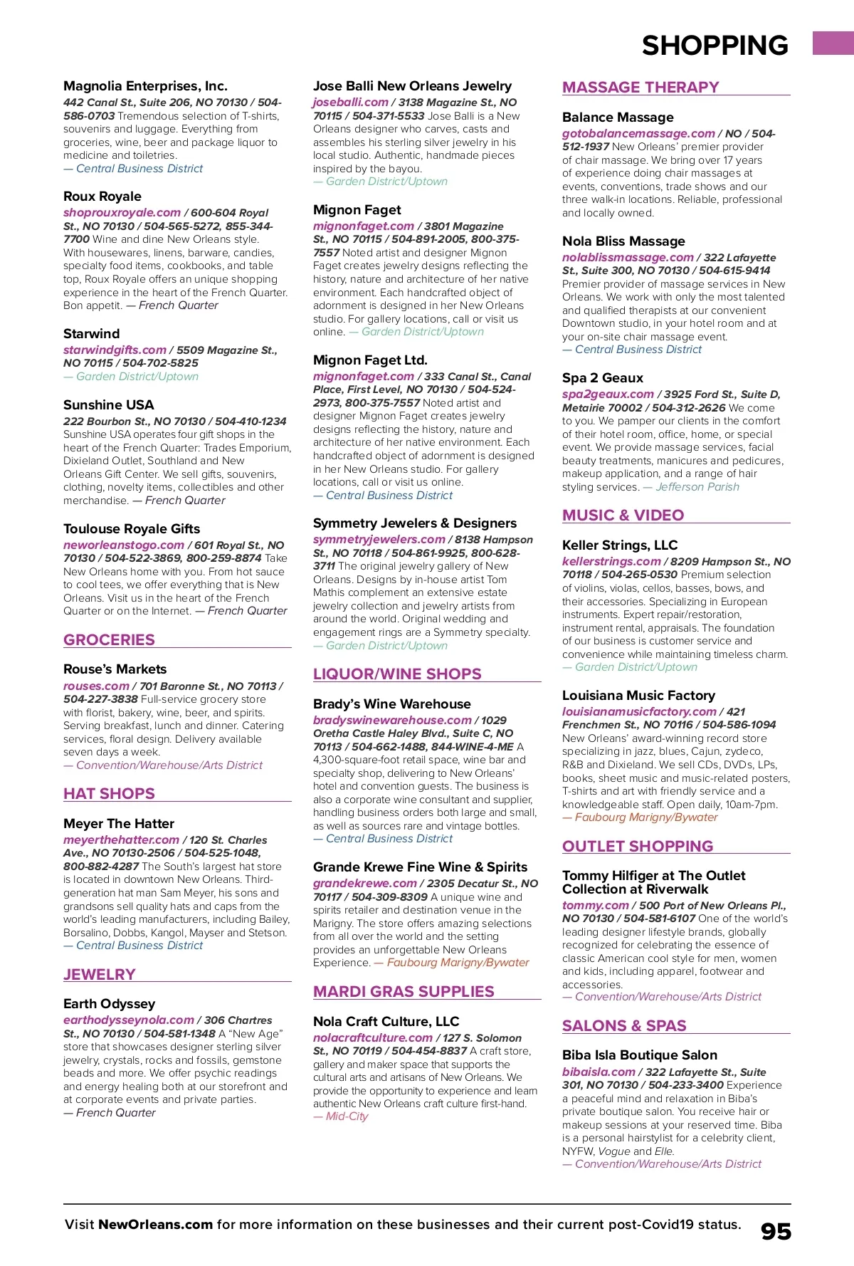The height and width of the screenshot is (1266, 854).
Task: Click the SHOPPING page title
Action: [x=715, y=46]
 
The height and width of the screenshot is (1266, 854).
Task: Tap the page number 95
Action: [x=776, y=1232]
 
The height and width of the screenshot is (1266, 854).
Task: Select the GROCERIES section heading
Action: [x=109, y=639]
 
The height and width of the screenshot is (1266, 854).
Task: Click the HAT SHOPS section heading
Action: [x=109, y=793]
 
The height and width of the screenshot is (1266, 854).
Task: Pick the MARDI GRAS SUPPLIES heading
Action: [x=404, y=991]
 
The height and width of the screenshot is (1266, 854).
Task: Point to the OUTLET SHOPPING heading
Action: [x=637, y=846]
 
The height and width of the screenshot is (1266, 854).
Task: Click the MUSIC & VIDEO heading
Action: [x=623, y=515]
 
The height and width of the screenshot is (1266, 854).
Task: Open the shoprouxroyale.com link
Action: [x=122, y=212]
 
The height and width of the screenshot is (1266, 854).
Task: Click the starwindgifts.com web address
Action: [x=115, y=350]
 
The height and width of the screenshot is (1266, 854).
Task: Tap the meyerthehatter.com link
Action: [x=121, y=840]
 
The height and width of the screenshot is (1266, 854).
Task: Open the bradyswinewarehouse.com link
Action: [x=392, y=720]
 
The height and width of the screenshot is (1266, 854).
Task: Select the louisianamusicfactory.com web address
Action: [x=639, y=711]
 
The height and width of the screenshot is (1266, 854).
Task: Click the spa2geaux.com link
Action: [x=608, y=394]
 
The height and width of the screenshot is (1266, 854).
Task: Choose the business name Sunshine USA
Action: [x=108, y=404]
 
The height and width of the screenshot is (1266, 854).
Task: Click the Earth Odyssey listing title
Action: [x=109, y=1003]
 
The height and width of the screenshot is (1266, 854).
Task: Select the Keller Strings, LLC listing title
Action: [x=619, y=545]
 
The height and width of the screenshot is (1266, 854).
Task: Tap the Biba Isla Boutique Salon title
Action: [x=639, y=1055]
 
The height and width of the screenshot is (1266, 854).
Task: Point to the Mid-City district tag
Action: [x=347, y=1116]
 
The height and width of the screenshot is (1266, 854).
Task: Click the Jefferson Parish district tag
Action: [x=697, y=487]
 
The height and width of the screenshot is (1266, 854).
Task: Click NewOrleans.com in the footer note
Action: [x=155, y=1225]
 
